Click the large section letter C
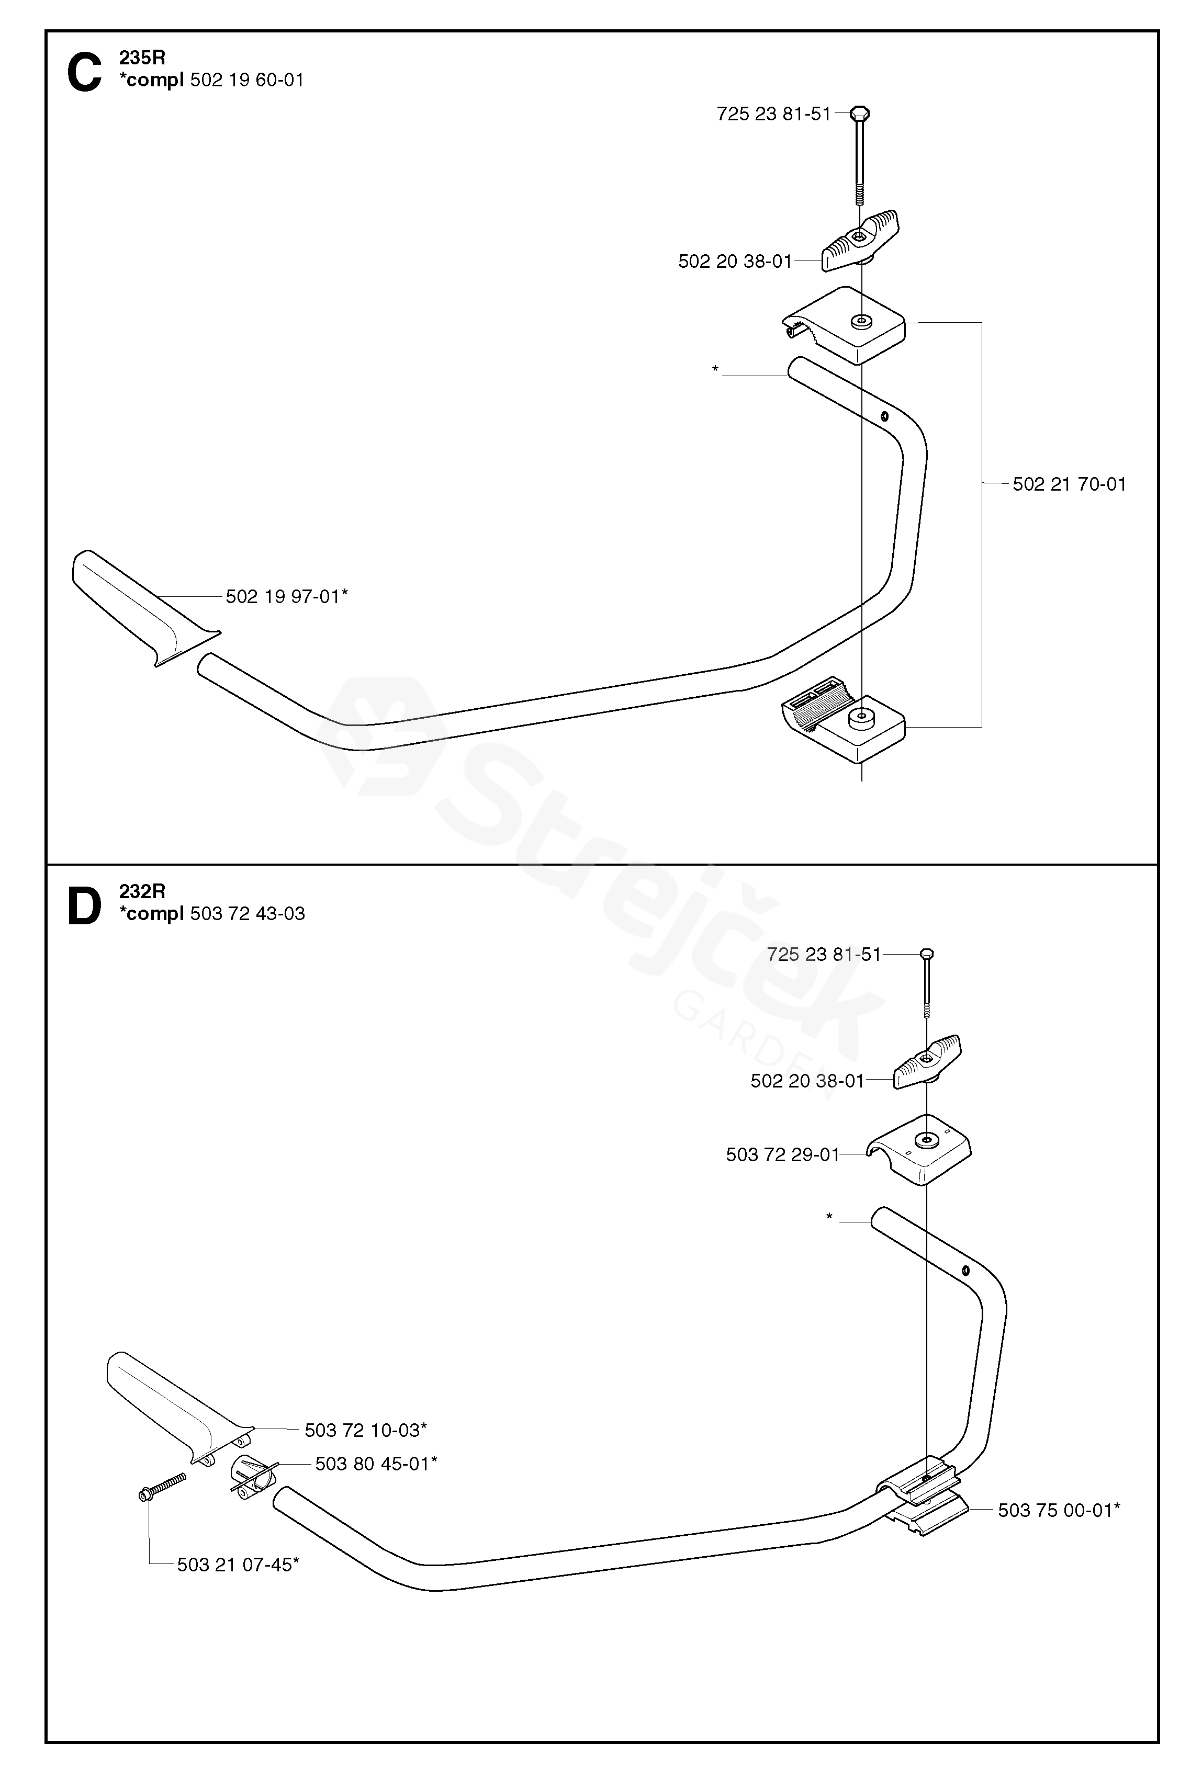point(84,73)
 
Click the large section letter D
point(84,907)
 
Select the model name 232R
point(142,891)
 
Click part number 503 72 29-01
point(782,1154)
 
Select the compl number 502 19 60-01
point(246,80)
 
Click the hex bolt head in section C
point(860,114)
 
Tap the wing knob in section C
point(860,241)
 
